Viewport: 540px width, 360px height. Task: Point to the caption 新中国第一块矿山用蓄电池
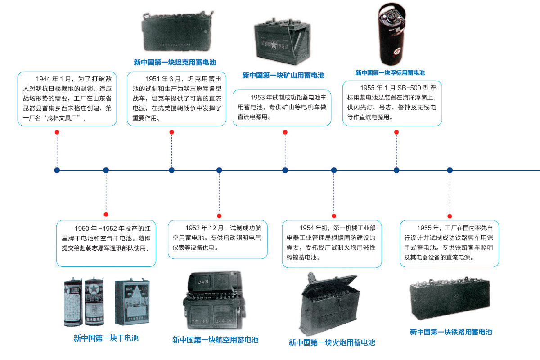pyautogui.click(x=283, y=75)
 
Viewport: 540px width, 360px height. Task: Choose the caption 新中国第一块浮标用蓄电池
pyautogui.click(x=390, y=72)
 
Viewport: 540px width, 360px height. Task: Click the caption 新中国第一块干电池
pyautogui.click(x=106, y=338)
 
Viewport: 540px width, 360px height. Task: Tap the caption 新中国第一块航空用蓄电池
pyautogui.click(x=215, y=340)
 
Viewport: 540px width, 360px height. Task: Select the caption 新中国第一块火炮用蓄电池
pyautogui.click(x=332, y=342)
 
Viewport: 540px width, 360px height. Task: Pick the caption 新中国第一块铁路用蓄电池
pyautogui.click(x=451, y=332)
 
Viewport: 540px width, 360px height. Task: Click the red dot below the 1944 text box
pyautogui.click(x=57, y=132)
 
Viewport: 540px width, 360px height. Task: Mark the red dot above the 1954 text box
pyautogui.click(x=334, y=216)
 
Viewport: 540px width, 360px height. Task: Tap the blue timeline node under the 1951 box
pyautogui.click(x=171, y=170)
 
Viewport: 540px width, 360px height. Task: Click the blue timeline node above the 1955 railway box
pyautogui.click(x=450, y=170)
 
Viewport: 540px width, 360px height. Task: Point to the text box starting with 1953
pyautogui.click(x=282, y=108)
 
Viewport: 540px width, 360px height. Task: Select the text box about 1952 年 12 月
pyautogui.click(x=218, y=239)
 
